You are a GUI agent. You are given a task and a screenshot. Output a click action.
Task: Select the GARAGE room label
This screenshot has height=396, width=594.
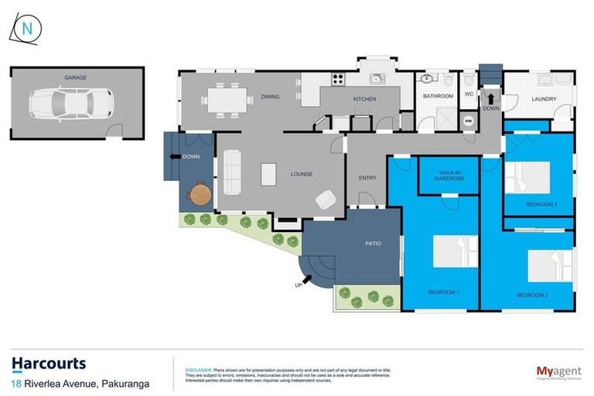pos(75,77)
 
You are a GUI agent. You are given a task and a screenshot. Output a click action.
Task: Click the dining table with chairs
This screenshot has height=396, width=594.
pos(227,97)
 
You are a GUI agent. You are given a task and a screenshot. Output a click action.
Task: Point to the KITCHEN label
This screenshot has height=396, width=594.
pos(364,99)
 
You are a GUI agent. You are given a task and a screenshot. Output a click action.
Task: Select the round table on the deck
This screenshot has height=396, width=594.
pos(200,193)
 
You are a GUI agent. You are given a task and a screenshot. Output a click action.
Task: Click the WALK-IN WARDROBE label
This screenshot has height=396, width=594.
pos(449,176)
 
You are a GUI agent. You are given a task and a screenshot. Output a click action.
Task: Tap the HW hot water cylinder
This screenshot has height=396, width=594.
pos(467,121)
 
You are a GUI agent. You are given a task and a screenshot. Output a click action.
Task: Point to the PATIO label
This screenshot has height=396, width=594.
pos(372,244)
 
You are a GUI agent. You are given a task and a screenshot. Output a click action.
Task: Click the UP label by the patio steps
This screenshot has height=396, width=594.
pos(299,285)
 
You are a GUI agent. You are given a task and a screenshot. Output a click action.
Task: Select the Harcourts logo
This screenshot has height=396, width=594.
pos(49,364)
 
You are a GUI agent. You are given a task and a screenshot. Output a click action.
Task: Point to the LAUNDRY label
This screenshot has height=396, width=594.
pos(543,99)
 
